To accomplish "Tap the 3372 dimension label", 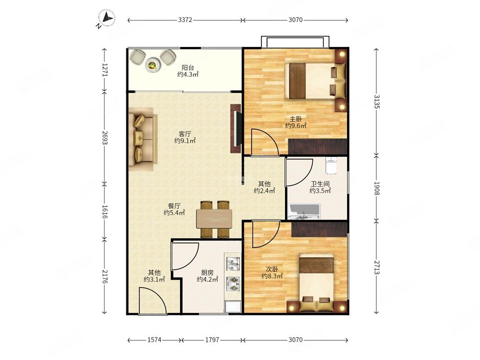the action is [185, 20].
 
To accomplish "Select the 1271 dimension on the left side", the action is [105, 70].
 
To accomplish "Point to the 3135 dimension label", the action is [376, 102].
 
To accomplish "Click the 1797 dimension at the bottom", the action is [212, 340].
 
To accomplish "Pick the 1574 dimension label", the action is [154, 340].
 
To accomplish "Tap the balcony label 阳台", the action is [188, 67].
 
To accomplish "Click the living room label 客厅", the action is [185, 134].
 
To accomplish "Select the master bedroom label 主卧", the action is [296, 119].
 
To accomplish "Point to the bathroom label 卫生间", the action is [320, 184].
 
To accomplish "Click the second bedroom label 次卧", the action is [272, 269].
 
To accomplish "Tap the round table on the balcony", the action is [153, 65].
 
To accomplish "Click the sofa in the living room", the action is [143, 139].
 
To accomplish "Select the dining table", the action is [214, 218].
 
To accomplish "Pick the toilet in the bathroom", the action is [331, 165].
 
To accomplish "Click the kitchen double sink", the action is [233, 264].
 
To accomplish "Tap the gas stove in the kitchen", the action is [233, 284].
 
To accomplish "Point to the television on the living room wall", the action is [235, 129].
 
